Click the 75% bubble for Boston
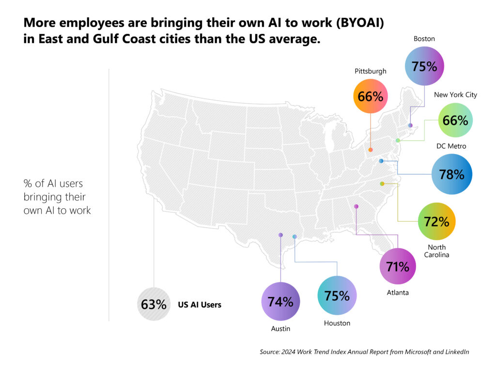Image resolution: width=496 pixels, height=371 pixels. tap(424, 66)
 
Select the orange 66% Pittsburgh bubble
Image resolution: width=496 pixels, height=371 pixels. tap(371, 96)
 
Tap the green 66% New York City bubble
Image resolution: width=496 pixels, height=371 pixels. tap(455, 121)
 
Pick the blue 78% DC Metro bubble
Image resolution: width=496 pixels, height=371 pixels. tap(452, 174)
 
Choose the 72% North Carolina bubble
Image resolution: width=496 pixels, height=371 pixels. tap(436, 222)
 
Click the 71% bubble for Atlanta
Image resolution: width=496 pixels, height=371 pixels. tap(398, 266)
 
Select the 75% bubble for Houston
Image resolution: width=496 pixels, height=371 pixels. tap(337, 295)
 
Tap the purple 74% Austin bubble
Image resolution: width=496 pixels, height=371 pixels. tap(280, 302)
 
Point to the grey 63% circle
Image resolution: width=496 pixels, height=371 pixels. tap(154, 305)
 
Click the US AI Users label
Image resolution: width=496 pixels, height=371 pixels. tap(200, 305)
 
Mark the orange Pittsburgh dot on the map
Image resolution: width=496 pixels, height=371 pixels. tap(371, 150)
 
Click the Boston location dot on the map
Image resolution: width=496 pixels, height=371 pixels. tap(410, 125)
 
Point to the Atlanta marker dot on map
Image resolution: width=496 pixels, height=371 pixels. tap(356, 206)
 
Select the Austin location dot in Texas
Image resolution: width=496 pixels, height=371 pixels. tap(280, 234)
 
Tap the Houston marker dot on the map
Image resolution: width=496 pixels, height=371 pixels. tap(294, 236)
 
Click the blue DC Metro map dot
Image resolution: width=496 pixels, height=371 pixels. tap(381, 161)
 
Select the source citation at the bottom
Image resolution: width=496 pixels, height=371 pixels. tap(364, 352)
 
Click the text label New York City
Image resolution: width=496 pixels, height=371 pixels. tap(455, 94)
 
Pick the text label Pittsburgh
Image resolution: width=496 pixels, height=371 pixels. tap(371, 71)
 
